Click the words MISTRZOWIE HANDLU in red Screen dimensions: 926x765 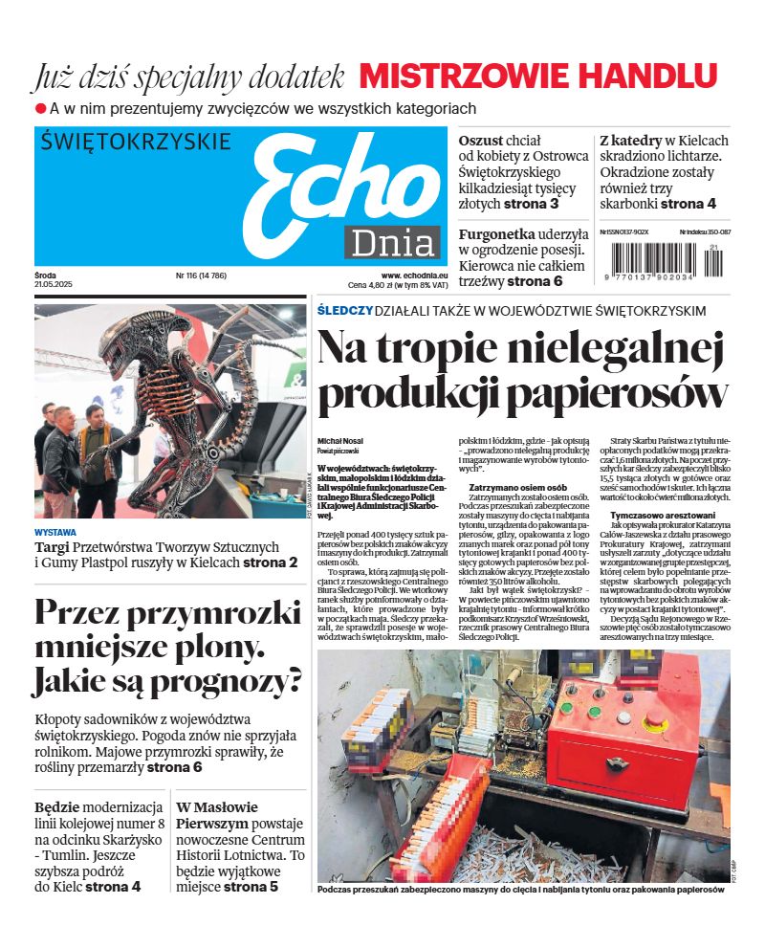[537, 77]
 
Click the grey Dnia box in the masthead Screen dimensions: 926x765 [392, 244]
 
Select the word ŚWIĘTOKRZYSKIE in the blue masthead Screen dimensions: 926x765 [137, 143]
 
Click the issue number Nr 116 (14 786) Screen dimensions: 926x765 [201, 276]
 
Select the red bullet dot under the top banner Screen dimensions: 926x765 [40, 109]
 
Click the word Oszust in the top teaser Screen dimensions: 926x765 [481, 141]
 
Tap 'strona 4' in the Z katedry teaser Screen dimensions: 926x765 [688, 204]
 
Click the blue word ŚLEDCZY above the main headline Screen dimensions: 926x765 [344, 311]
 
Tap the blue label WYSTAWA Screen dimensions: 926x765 [55, 531]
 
